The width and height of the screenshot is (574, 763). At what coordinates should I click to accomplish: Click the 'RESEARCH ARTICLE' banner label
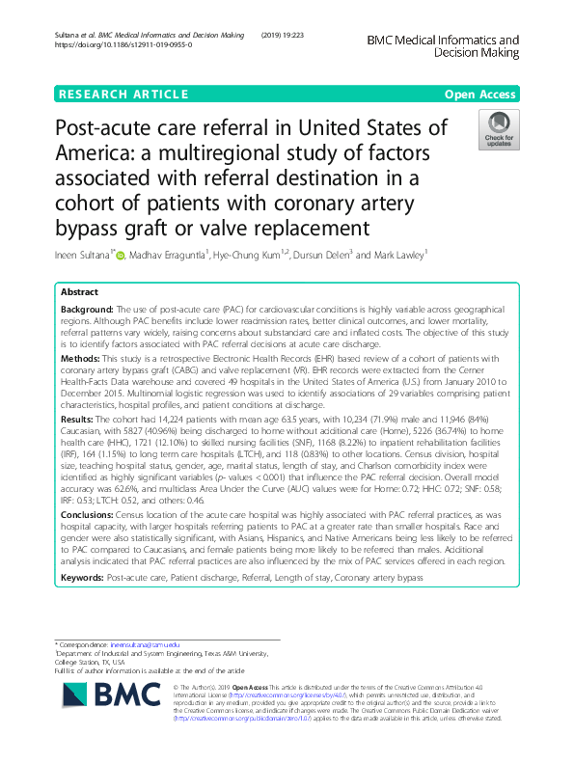[123, 94]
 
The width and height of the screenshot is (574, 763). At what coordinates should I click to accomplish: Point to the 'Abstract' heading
[79, 291]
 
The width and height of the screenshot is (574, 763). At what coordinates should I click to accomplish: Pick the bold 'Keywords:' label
[84, 576]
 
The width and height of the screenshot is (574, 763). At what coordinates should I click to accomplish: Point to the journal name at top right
[443, 47]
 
